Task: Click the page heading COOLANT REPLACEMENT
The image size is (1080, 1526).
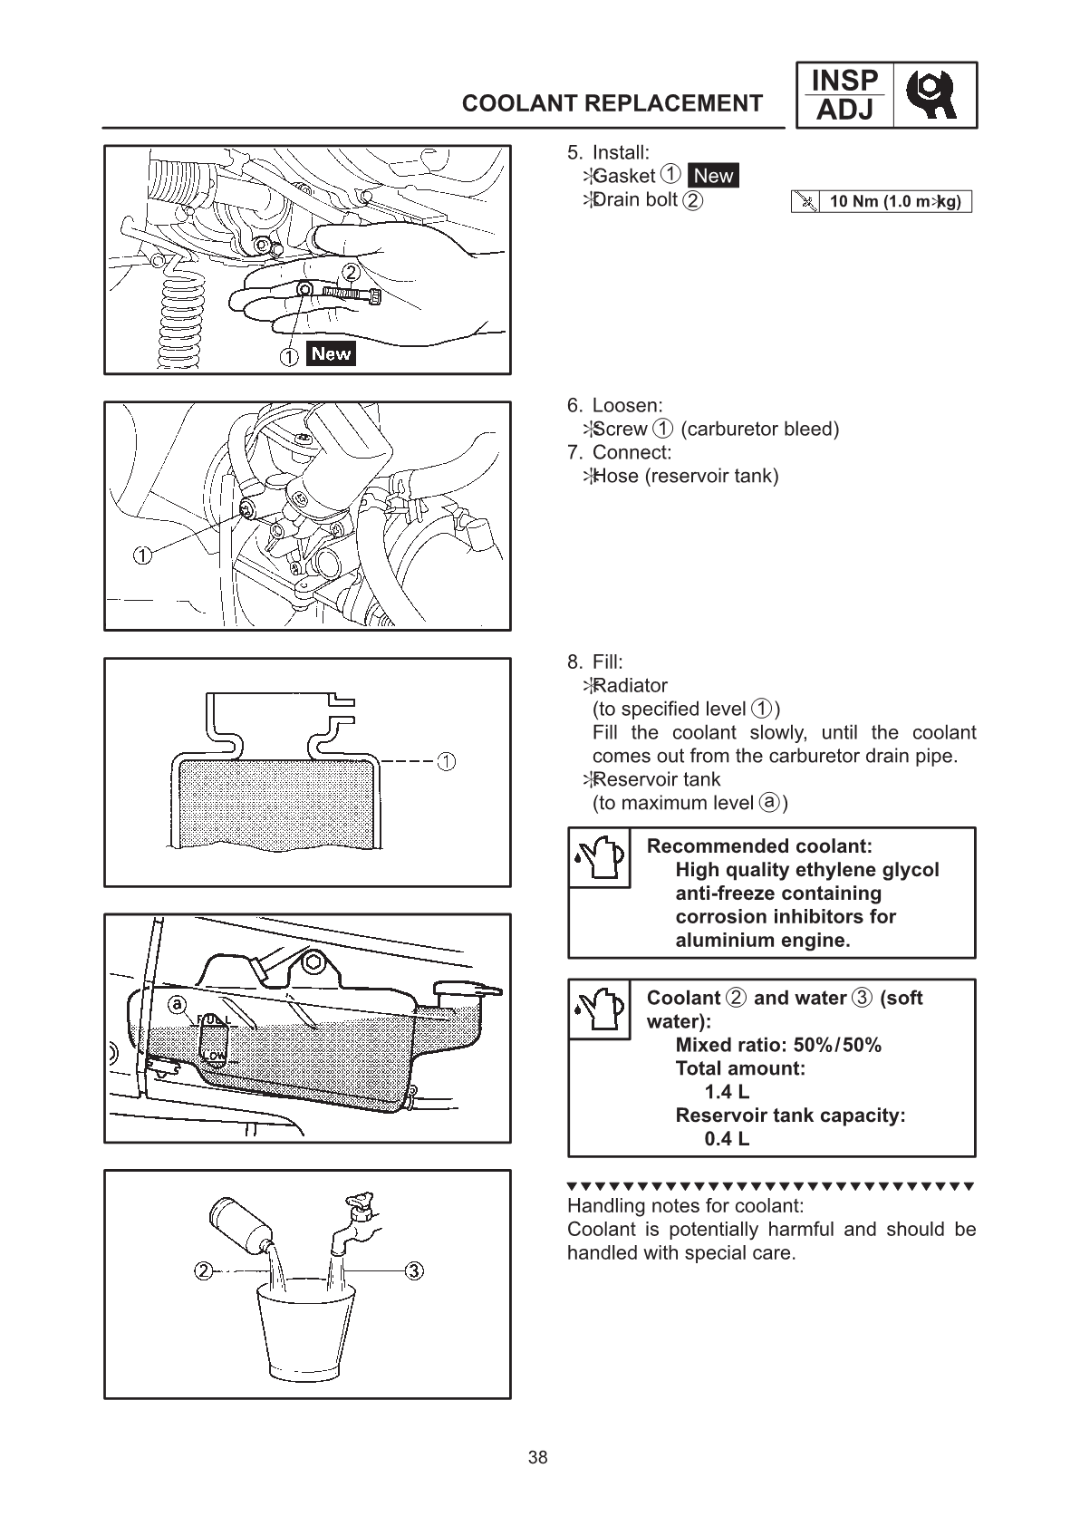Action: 612,103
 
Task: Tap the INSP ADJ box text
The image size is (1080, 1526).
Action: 844,95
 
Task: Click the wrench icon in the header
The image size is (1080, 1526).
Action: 934,94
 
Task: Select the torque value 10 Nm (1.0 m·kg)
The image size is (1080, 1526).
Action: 894,201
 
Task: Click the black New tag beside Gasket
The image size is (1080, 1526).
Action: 713,176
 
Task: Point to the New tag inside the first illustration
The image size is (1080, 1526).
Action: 331,353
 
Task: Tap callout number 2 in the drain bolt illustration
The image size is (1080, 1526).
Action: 351,272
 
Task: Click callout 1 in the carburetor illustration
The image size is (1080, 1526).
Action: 141,555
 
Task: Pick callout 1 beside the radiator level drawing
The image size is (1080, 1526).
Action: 446,760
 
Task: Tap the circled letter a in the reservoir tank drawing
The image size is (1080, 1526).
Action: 178,1003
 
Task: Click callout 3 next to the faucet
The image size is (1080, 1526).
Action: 414,1270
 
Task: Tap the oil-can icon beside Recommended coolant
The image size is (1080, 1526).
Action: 599,857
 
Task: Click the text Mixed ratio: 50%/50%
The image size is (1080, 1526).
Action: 777,1045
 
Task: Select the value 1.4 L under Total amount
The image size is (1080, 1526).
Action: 727,1092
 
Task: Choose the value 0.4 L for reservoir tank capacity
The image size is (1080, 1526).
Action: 727,1139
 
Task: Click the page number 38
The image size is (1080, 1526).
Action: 538,1457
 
